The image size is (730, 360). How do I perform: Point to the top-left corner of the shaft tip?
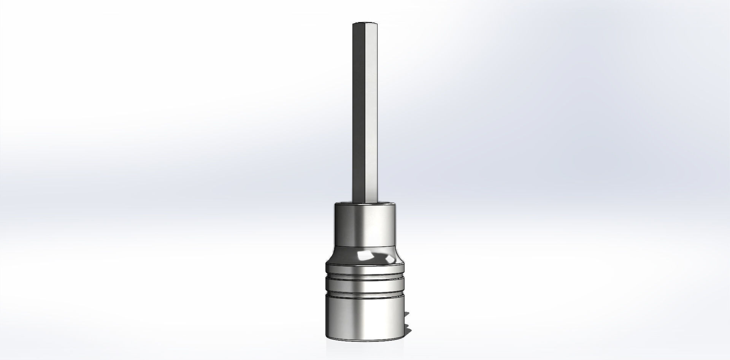pyautogui.click(x=353, y=24)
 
